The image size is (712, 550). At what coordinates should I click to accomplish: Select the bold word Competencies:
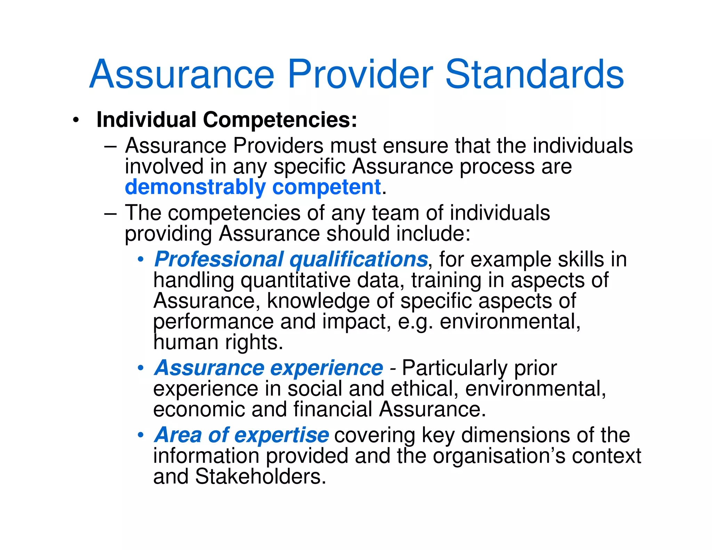[280, 120]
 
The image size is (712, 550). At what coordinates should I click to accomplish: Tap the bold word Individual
[146, 120]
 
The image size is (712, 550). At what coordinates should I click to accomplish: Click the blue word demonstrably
[195, 187]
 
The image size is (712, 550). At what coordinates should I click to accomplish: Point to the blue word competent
[326, 187]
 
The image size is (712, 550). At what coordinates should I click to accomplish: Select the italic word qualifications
[358, 260]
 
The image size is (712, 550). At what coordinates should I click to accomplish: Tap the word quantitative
[296, 281]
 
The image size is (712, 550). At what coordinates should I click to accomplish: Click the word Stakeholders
[260, 477]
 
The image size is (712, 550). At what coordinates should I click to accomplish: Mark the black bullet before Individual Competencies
[76, 121]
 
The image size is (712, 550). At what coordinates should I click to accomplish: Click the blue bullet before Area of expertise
[140, 435]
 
